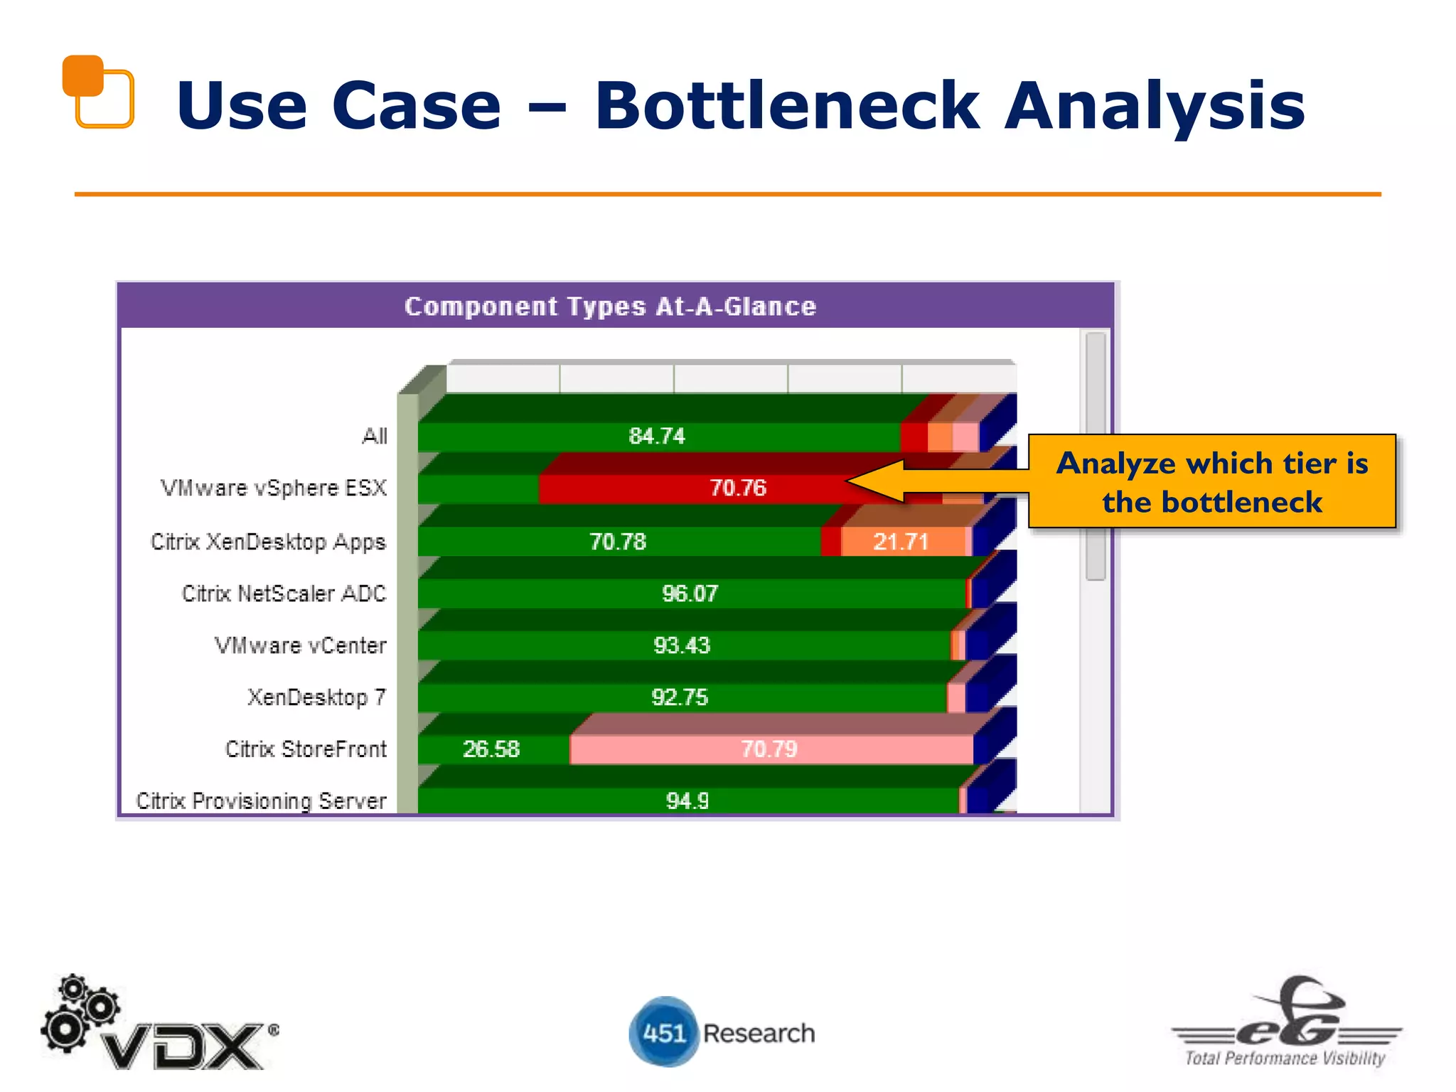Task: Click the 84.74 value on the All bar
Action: pyautogui.click(x=656, y=436)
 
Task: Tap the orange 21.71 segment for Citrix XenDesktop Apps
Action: pyautogui.click(x=901, y=542)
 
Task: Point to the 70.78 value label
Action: pyautogui.click(x=617, y=542)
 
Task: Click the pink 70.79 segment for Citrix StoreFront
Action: pyautogui.click(x=769, y=749)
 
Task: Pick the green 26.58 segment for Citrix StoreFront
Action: pyautogui.click(x=491, y=749)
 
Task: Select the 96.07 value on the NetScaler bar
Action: pyautogui.click(x=690, y=594)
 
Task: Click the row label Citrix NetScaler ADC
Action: pyautogui.click(x=284, y=594)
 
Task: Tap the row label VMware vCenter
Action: pyautogui.click(x=300, y=646)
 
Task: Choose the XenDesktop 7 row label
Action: pyautogui.click(x=316, y=697)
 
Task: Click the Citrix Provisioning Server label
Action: pyautogui.click(x=261, y=801)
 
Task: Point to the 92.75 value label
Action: pyautogui.click(x=680, y=697)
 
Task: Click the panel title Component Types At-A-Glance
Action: pyautogui.click(x=610, y=306)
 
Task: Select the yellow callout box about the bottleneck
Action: pyautogui.click(x=1211, y=482)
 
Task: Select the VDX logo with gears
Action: pyautogui.click(x=159, y=1024)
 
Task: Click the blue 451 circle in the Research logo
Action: pyautogui.click(x=663, y=1032)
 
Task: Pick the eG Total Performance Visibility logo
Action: pyautogui.click(x=1286, y=1024)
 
